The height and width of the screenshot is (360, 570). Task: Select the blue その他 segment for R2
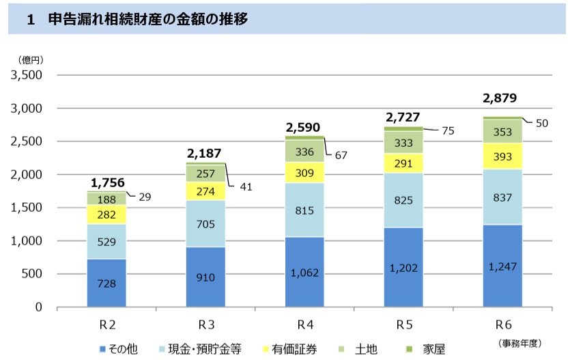point(107,283)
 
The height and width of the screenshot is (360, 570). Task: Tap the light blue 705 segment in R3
point(206,223)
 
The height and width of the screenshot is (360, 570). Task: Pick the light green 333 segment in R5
point(404,142)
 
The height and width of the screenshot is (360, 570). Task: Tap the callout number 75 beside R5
point(448,130)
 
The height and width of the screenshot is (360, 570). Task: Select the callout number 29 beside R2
point(145,197)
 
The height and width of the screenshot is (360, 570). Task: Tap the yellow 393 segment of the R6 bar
point(503,156)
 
